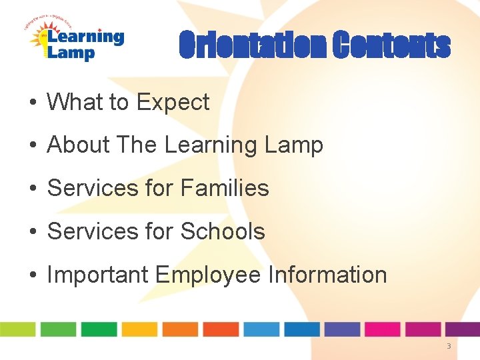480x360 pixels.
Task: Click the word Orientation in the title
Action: coord(252,46)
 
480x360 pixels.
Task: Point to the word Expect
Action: coord(173,102)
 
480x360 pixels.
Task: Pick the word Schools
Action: coord(223,231)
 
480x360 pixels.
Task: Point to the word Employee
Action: coord(207,275)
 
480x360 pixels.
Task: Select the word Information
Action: coord(327,275)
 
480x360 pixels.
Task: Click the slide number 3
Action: coord(449,346)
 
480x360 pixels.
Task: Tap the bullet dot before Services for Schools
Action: coord(31,232)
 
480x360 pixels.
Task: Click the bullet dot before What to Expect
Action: coord(31,103)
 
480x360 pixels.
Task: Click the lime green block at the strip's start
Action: coord(17,329)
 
